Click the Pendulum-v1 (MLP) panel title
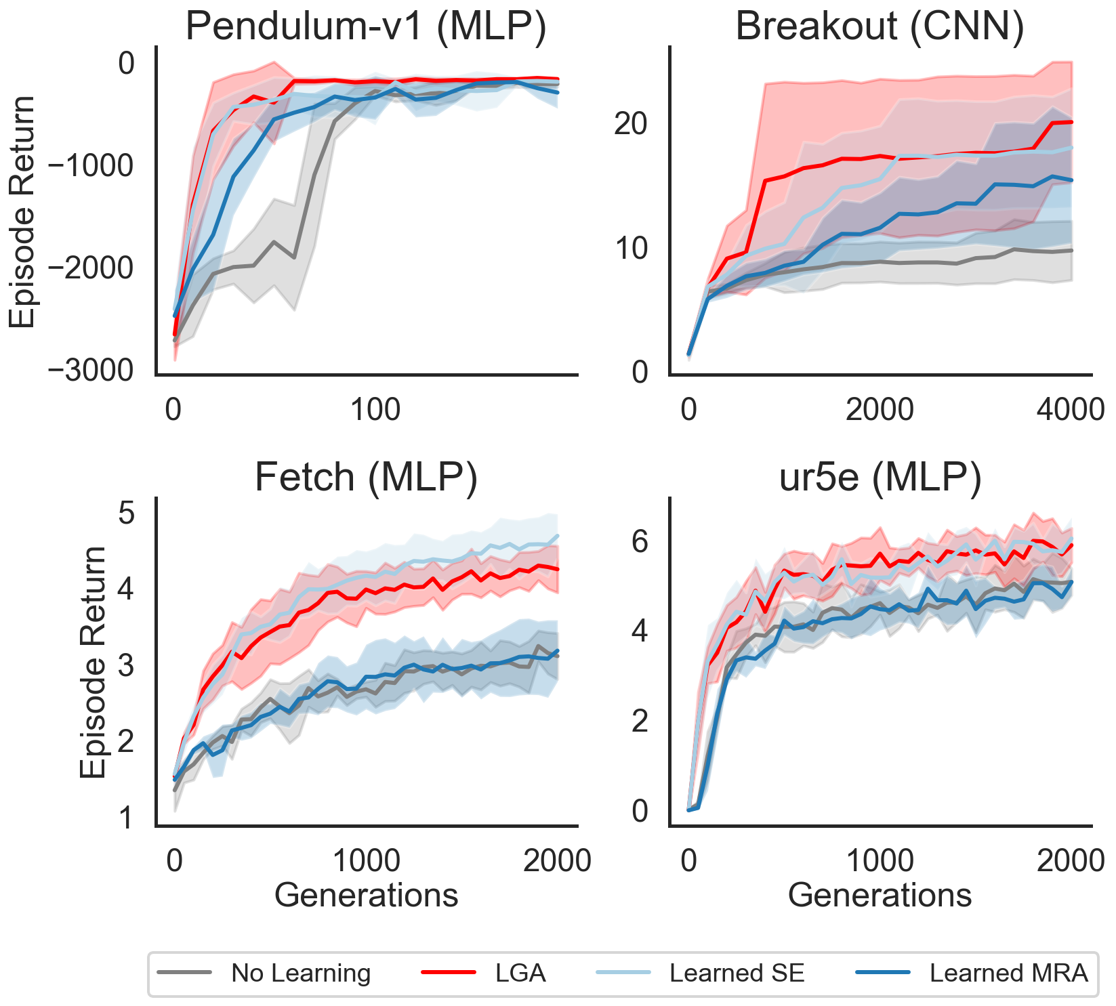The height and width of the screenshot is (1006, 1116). tap(366, 27)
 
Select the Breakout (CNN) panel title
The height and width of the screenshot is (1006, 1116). tap(880, 27)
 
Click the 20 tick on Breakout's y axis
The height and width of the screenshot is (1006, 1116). tap(630, 124)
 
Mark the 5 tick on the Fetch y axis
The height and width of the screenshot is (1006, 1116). tap(127, 513)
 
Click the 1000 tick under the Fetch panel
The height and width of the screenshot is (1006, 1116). tap(367, 860)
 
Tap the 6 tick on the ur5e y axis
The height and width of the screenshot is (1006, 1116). tap(640, 541)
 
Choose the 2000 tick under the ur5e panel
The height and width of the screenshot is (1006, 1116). tap(1071, 860)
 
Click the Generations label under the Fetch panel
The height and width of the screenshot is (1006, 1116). tap(366, 895)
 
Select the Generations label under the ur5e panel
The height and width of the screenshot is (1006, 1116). tap(880, 895)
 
